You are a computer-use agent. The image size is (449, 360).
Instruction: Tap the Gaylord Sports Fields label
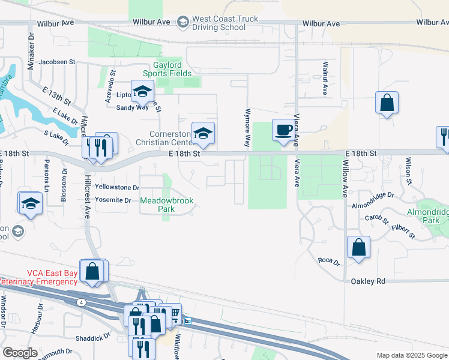[x=167, y=69]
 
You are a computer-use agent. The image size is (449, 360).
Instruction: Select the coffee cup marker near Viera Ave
[x=283, y=130]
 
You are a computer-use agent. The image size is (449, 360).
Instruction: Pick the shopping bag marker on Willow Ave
[x=358, y=247]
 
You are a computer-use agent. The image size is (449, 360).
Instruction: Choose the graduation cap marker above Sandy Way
[x=143, y=92]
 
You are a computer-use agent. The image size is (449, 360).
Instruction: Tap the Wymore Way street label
[x=247, y=128]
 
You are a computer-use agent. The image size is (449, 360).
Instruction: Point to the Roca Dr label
[x=328, y=262]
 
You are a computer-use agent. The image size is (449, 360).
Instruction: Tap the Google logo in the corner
[x=20, y=352]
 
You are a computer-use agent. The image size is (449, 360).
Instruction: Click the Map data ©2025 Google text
[x=411, y=355]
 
